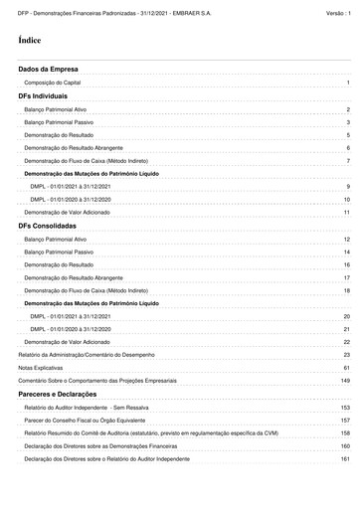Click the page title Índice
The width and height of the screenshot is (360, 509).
pos(28,40)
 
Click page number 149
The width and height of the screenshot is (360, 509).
pos(345,381)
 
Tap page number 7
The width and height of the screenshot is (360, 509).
pos(348,160)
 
